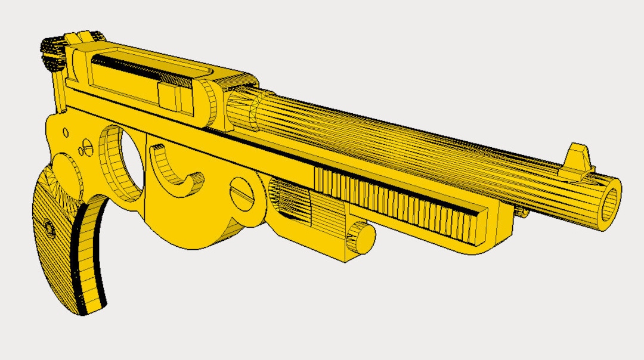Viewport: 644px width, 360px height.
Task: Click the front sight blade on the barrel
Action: tap(578, 160)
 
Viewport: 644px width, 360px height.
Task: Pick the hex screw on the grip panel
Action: tap(47, 226)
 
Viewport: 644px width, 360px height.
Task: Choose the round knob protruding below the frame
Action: tap(361, 237)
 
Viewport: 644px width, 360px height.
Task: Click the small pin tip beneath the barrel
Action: tap(522, 212)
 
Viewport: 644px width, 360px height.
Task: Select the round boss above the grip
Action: tap(66, 170)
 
